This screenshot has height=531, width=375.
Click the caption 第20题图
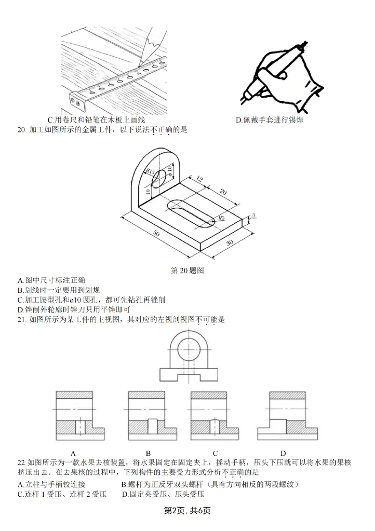point(187,271)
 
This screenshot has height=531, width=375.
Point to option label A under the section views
point(74,453)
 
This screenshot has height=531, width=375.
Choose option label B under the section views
point(148,453)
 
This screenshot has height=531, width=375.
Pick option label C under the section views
point(215,453)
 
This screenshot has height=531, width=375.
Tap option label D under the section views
point(283,453)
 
